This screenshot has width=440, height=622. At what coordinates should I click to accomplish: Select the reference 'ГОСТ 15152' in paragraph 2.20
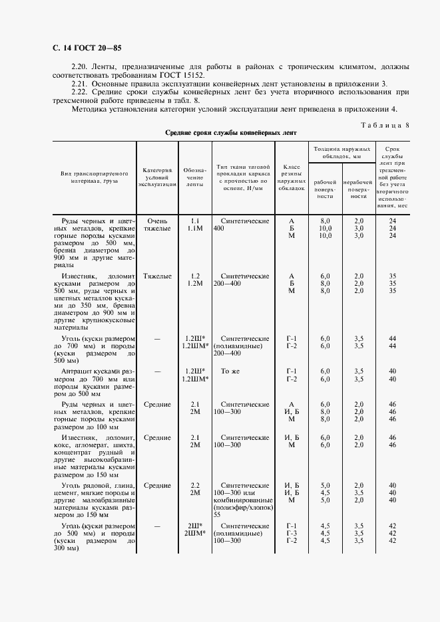[x=181, y=75]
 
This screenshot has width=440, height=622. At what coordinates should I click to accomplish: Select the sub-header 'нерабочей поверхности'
[x=358, y=189]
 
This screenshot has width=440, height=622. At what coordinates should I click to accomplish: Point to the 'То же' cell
[x=230, y=371]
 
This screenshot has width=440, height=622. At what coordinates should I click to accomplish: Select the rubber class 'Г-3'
[x=291, y=533]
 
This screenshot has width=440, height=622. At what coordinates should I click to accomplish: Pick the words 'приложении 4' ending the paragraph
[x=371, y=109]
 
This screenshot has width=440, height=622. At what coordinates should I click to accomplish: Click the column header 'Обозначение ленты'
[x=194, y=177]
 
